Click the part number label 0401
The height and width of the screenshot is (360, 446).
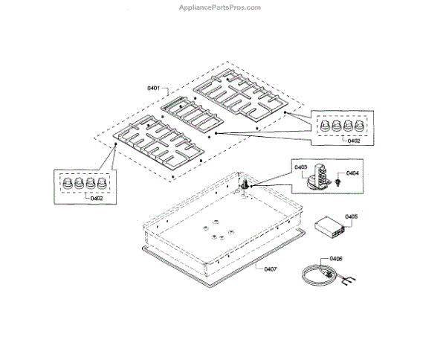[154, 89]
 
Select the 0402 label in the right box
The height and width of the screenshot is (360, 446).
[353, 141]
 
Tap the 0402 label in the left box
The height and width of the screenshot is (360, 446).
[97, 198]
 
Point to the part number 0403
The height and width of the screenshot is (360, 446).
[300, 167]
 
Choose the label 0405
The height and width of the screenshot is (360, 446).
[352, 216]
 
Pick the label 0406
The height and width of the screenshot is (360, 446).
[336, 259]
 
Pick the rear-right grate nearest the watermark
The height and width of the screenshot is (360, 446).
[239, 94]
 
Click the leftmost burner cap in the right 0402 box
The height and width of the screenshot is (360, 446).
[323, 126]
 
